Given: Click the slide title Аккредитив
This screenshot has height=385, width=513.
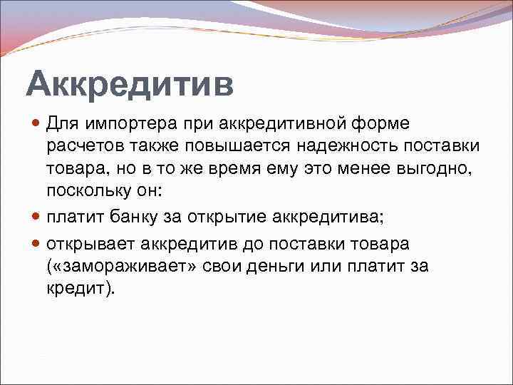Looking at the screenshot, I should point(130,84).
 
